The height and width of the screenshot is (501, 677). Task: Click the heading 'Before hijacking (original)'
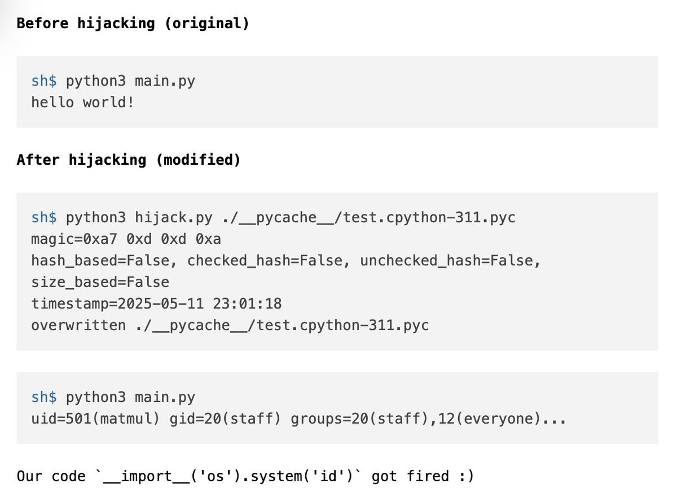pyautogui.click(x=133, y=24)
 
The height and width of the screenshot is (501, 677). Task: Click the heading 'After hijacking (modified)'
pyautogui.click(x=129, y=160)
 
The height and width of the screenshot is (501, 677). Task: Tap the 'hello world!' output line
pyautogui.click(x=82, y=103)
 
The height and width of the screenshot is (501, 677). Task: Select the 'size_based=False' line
pyautogui.click(x=100, y=282)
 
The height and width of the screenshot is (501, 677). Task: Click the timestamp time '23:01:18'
pyautogui.click(x=247, y=304)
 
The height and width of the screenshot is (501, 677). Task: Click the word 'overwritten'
pyautogui.click(x=78, y=326)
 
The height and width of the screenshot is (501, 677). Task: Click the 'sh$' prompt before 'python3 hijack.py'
pyautogui.click(x=44, y=217)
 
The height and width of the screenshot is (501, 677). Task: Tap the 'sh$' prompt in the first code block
pyautogui.click(x=44, y=81)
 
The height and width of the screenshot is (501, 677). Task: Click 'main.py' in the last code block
pyautogui.click(x=165, y=397)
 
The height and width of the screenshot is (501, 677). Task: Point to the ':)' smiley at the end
pyautogui.click(x=465, y=477)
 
